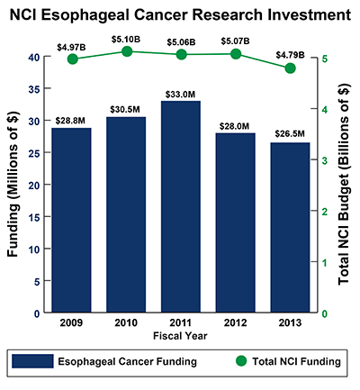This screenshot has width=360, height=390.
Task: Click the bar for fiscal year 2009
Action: coord(71,221)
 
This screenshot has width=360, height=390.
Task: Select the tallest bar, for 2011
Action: coord(180,207)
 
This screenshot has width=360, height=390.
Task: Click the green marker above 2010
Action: coord(126,52)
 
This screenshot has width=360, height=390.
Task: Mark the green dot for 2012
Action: coord(235,54)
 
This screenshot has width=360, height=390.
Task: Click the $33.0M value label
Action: coord(180,94)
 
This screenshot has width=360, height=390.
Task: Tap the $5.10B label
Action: coord(126,39)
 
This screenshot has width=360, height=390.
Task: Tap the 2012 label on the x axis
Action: coord(235,322)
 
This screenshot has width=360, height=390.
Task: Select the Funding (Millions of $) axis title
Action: coord(12,185)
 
